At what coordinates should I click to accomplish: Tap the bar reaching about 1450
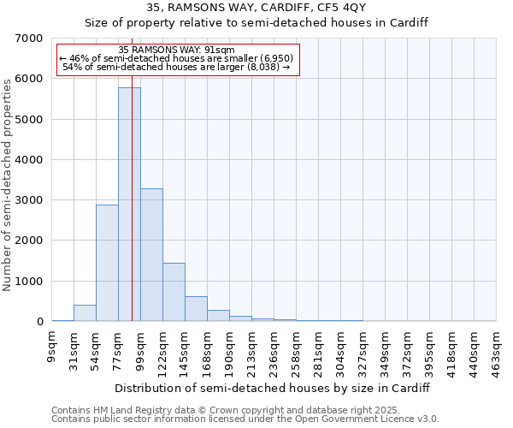point(174,292)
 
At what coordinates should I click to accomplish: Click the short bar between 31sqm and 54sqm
point(85,313)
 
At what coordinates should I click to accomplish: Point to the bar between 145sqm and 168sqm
point(196,309)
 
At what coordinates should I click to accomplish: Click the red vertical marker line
point(133,214)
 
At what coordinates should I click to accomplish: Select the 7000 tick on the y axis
point(30,39)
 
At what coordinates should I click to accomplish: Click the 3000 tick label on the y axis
point(30,200)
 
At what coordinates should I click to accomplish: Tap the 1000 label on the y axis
point(30,282)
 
